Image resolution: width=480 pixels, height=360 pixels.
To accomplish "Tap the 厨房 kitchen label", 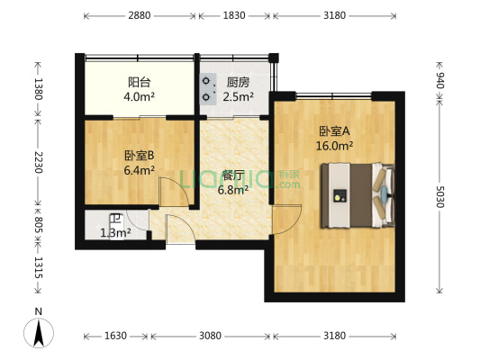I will pos(239,81).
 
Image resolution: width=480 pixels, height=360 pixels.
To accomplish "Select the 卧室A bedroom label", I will pos(334,130).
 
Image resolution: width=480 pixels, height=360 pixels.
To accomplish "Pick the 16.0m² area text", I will pos(334,144).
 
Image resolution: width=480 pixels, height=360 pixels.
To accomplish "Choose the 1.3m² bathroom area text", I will pos(116,234).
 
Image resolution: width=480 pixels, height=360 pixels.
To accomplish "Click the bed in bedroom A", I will pos(358,193).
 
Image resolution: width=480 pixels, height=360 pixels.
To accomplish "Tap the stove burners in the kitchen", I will pos(208,87).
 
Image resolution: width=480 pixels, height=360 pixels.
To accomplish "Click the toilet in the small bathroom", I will pos(115,219).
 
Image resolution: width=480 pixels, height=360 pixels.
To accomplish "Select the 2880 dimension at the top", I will pos(139,16).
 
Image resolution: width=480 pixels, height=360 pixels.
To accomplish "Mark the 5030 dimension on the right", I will pos(439,197).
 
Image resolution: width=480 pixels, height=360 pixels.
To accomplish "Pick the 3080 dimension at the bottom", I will pos(209,337).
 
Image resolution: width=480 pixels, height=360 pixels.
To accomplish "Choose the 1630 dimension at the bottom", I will pos(116,337).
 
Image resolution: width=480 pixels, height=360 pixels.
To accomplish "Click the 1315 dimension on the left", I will pos(37,273).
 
